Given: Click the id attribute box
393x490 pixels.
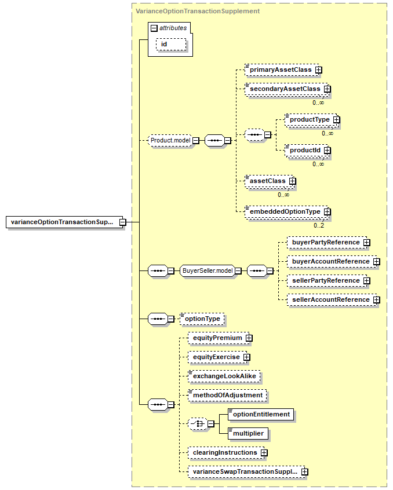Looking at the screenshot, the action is pyautogui.click(x=171, y=45).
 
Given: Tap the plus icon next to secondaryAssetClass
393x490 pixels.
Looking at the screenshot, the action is pyautogui.click(x=327, y=89).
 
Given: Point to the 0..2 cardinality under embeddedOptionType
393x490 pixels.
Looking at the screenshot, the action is pyautogui.click(x=319, y=225).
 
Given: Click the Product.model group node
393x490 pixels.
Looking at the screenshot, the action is pyautogui.click(x=170, y=141).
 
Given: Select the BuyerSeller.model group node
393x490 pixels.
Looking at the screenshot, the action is pyautogui.click(x=208, y=270).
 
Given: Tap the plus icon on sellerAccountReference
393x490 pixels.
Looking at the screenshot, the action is pyautogui.click(x=377, y=300).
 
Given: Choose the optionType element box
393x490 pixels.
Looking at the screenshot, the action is pyautogui.click(x=202, y=319).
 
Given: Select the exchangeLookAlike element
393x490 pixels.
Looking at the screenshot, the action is pyautogui.click(x=224, y=376).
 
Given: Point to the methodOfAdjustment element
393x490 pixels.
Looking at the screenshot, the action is pyautogui.click(x=227, y=396).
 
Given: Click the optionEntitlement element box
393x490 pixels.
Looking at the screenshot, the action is pyautogui.click(x=261, y=414).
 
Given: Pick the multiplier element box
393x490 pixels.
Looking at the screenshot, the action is pyautogui.click(x=248, y=433).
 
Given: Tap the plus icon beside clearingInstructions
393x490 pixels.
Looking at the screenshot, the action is pyautogui.click(x=264, y=453).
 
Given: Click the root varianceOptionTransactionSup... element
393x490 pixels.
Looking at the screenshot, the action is pyautogui.click(x=64, y=222).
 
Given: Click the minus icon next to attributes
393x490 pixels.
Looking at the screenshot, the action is pyautogui.click(x=154, y=28).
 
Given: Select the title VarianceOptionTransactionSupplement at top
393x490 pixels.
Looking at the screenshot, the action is pyautogui.click(x=198, y=11).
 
